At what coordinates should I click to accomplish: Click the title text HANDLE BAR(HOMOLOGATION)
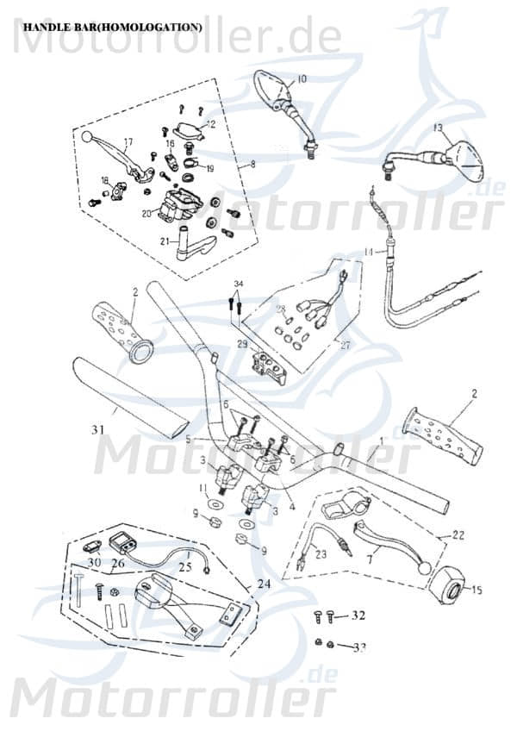pyautogui.click(x=112, y=28)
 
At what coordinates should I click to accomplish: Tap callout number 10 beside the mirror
pyautogui.click(x=301, y=78)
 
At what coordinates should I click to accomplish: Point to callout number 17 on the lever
pyautogui.click(x=128, y=142)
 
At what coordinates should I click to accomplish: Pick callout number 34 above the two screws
pyautogui.click(x=239, y=284)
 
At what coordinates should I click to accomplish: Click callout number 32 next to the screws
pyautogui.click(x=358, y=615)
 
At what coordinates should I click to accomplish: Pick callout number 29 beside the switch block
pyautogui.click(x=242, y=345)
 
